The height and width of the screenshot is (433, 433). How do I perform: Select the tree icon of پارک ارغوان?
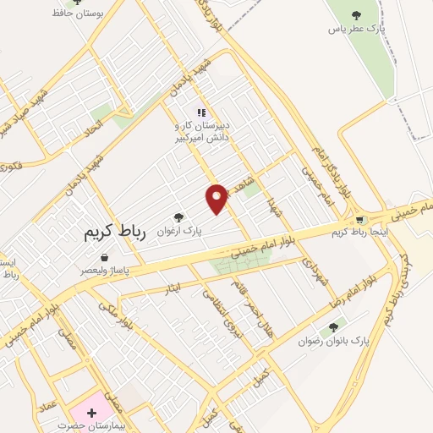(x=178, y=216)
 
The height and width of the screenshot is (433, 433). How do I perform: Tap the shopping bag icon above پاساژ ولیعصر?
(x=104, y=257)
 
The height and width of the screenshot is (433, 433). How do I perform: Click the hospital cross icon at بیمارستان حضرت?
(x=90, y=412)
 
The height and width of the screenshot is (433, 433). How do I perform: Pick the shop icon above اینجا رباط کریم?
(x=360, y=220)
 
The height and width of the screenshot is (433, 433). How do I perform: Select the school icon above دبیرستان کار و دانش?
(x=200, y=112)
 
